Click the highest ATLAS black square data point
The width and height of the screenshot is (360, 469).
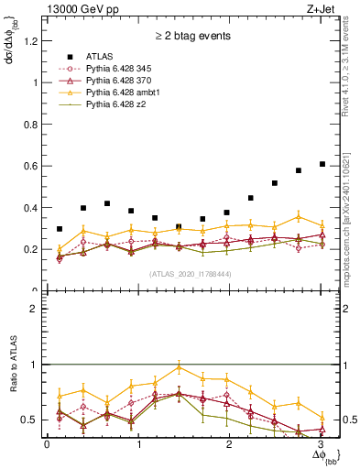pos(322,164)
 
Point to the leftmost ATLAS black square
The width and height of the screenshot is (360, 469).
pos(60,229)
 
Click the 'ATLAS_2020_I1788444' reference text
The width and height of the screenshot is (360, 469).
pos(190,273)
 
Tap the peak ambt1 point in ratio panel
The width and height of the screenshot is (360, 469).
pos(179,367)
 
